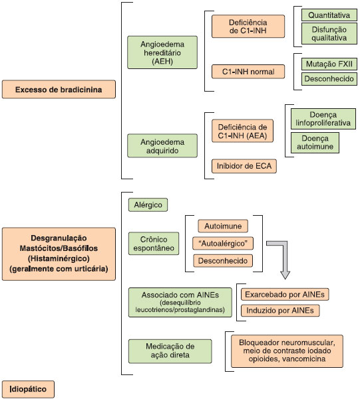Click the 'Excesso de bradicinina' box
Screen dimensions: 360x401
(x=59, y=89)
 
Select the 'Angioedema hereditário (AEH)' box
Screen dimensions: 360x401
(x=162, y=52)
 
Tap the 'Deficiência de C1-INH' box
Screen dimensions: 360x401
(x=248, y=27)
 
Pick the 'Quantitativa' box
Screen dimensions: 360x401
(x=329, y=15)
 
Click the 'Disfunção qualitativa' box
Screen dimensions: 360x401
(x=329, y=33)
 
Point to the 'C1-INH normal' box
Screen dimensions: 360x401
(x=248, y=72)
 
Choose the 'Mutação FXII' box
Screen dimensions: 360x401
(x=329, y=64)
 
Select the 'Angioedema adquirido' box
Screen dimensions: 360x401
(x=162, y=146)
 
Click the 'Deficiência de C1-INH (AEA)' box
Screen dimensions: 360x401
(x=242, y=131)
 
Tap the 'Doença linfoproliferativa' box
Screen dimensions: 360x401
(x=323, y=119)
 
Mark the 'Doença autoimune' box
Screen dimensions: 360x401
(x=315, y=143)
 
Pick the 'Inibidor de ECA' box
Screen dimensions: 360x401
(x=244, y=166)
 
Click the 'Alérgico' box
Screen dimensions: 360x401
(x=148, y=205)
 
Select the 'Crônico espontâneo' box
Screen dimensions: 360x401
(x=154, y=244)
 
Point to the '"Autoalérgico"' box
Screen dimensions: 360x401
(x=223, y=244)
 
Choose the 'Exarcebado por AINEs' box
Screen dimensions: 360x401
(x=285, y=294)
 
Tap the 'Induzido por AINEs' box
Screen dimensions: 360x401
(x=280, y=311)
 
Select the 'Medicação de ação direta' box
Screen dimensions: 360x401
(x=170, y=351)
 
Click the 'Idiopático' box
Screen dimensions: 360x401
(x=28, y=389)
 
